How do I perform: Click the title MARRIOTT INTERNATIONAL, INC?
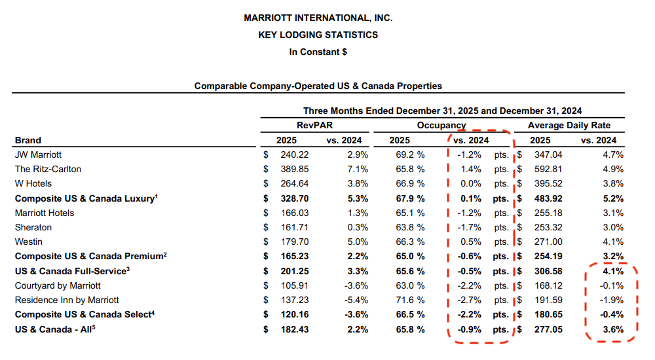pos(318,18)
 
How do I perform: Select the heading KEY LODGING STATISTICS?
pos(318,35)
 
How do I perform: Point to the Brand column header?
pos(28,140)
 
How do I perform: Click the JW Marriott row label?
pos(38,154)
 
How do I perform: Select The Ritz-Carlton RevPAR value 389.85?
pos(293,169)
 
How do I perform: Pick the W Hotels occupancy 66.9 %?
pos(407,183)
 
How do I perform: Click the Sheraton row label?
pos(33,227)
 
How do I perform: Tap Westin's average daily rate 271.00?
pos(548,242)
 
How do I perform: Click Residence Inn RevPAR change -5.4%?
pos(354,300)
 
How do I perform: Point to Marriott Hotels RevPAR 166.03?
pos(293,213)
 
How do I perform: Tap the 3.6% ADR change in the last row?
pos(612,329)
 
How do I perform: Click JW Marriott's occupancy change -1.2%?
pos(471,154)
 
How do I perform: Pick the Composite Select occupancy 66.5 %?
pos(407,314)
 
